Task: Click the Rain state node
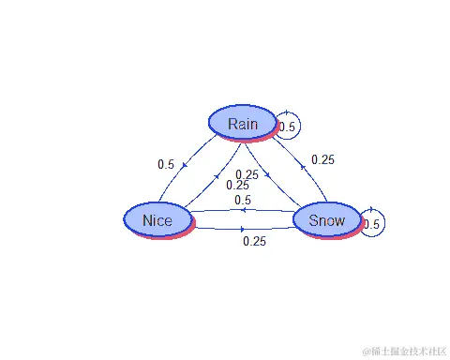click(x=242, y=122)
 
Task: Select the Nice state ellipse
click(x=157, y=219)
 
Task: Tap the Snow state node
click(x=326, y=220)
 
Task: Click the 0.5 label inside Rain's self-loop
click(x=288, y=127)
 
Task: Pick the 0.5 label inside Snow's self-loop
click(x=371, y=224)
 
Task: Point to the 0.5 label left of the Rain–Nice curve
click(x=166, y=164)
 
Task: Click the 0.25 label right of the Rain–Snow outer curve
click(x=322, y=159)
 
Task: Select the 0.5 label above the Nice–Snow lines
click(x=242, y=200)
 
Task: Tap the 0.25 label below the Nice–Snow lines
click(x=254, y=241)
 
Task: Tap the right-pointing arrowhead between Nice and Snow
click(x=243, y=228)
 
